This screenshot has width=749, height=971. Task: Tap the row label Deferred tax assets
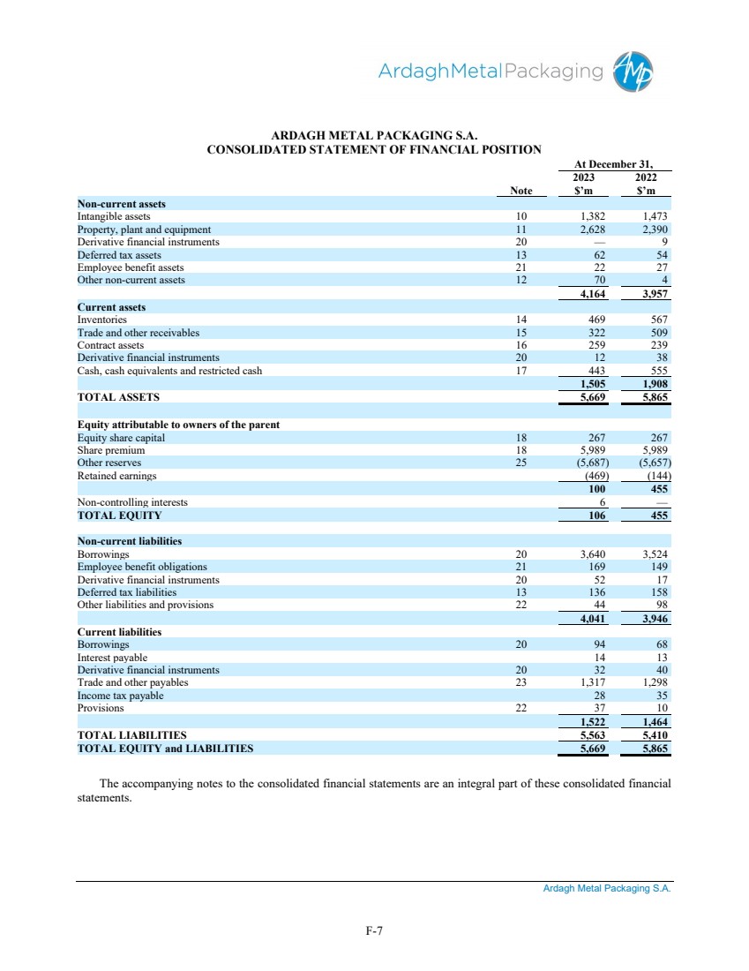tap(119, 255)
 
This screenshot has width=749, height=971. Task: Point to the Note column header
tap(521, 191)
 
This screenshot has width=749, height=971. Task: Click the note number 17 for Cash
tap(521, 371)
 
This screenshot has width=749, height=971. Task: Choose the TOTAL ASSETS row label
tap(119, 398)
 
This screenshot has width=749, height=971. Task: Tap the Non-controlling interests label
tap(132, 502)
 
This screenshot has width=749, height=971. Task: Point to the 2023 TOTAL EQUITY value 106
tap(597, 516)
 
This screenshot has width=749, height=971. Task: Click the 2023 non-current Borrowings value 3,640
tap(591, 554)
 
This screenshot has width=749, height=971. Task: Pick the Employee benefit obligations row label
tap(142, 567)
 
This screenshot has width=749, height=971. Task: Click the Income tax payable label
tap(120, 696)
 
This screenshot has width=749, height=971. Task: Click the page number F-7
tap(374, 930)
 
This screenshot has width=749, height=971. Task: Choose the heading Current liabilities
tap(119, 632)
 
